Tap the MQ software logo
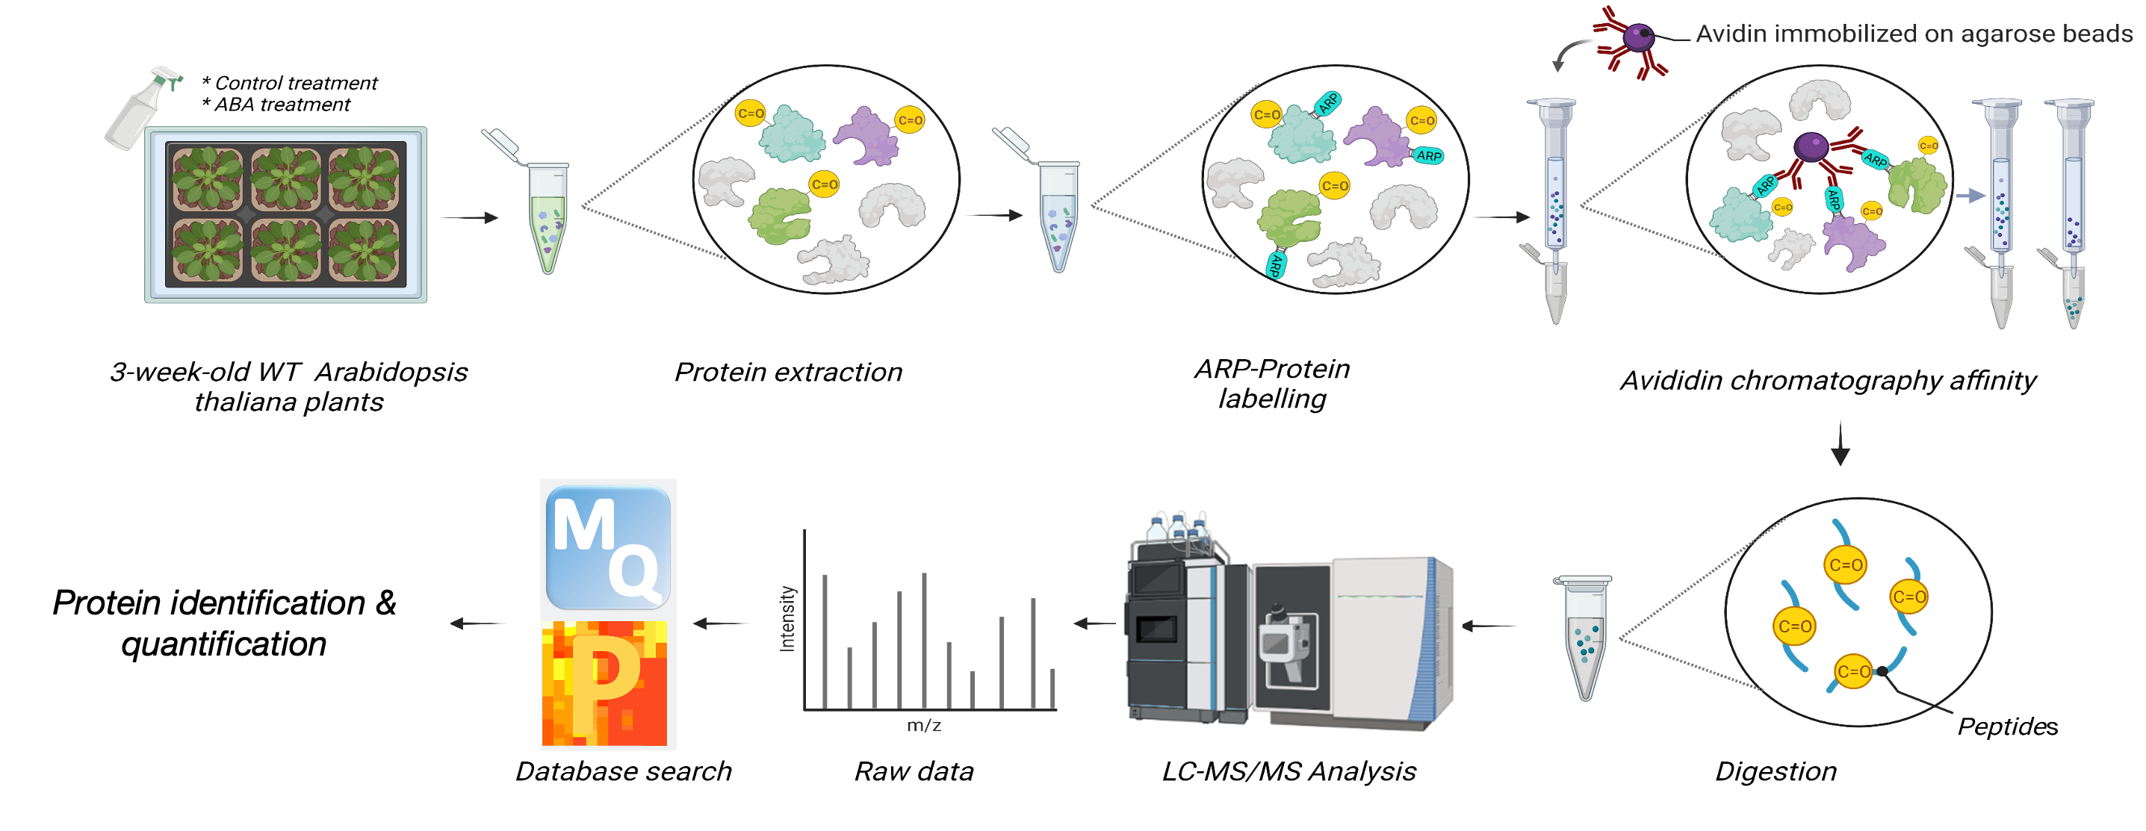coord(608,548)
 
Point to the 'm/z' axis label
coord(924,726)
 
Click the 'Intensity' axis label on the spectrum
coord(787,619)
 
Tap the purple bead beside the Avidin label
coord(1640,37)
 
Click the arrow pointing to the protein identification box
coord(479,623)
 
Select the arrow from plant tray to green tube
coord(469,218)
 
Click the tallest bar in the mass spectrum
coord(924,639)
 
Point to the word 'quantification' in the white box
coord(223,645)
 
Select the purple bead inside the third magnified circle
coord(1811,146)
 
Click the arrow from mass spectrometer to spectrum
coord(1093,623)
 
